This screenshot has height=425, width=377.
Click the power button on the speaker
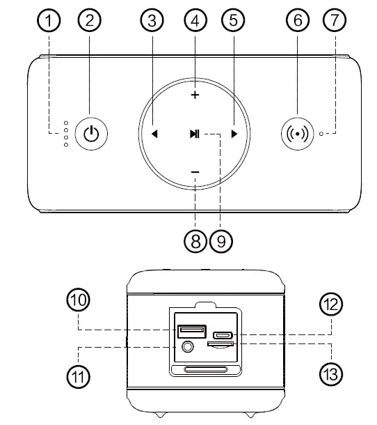pos(90,132)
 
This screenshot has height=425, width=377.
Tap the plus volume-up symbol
pos(195,95)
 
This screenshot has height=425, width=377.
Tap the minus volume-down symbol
pos(195,172)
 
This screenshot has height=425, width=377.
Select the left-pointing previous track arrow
pos(154,134)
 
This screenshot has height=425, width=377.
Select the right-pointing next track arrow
pos(235,134)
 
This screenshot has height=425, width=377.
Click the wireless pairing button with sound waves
pos(298,132)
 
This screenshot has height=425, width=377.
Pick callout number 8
pos(195,241)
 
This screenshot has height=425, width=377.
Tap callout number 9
pos(221,241)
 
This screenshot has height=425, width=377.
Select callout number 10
pos(78,300)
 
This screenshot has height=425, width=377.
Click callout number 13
pos(330,373)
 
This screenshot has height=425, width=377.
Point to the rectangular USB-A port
pos(191,332)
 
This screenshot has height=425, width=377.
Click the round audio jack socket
pos(186,346)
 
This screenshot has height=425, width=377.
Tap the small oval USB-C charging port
pos(223,334)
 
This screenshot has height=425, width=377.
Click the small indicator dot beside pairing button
pos(321,132)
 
